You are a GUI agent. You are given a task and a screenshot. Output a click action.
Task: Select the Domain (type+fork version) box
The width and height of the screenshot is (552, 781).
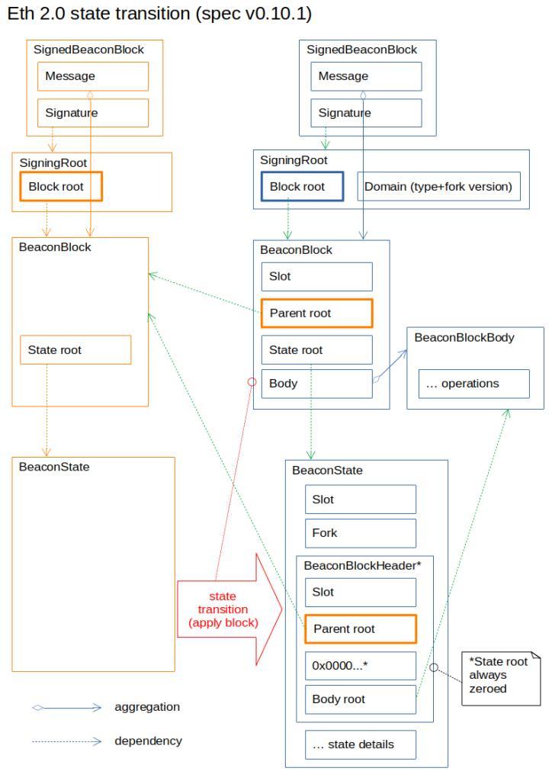coord(438,187)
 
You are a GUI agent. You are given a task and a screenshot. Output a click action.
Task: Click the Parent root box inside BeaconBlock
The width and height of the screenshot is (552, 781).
coord(316,313)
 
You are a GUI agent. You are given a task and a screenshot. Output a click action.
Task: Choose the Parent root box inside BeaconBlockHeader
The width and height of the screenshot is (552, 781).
coord(360,629)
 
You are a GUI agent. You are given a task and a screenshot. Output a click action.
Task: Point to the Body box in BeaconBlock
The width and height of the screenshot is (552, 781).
coord(316,384)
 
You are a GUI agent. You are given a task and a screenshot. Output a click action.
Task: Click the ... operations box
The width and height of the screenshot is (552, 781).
coord(473,384)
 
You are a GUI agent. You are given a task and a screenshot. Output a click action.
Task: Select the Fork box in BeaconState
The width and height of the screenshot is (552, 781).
coord(360,533)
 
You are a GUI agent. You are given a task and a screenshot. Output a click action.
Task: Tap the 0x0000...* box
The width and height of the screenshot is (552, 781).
coord(360,665)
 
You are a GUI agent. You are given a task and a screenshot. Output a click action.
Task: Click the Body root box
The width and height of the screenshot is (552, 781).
coord(360,699)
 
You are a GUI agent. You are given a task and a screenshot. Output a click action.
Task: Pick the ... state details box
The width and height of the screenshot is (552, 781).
coord(360,744)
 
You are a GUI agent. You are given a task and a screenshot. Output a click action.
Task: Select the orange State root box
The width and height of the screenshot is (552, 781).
coord(75,350)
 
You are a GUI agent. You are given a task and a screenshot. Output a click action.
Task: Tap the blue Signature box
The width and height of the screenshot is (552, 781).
coord(366,112)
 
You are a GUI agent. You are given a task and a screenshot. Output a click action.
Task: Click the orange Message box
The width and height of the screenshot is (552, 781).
coord(93,76)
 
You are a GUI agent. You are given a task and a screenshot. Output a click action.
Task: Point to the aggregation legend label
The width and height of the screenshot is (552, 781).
coord(147,707)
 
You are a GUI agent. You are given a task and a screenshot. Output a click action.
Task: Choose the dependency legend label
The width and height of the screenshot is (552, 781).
coord(148,741)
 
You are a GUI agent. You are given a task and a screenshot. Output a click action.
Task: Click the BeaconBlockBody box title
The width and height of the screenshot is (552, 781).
coord(464,337)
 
